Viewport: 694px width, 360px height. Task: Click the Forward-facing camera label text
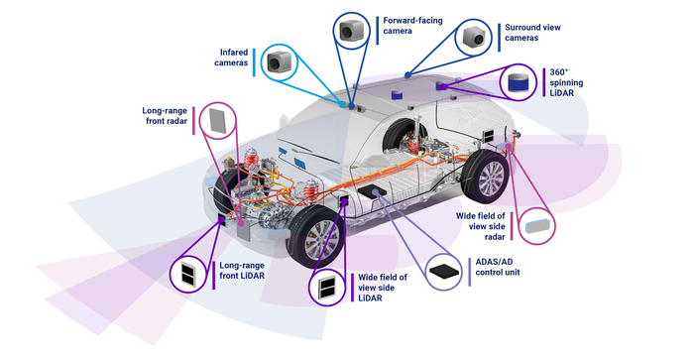412,26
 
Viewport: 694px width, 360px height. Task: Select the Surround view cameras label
532,33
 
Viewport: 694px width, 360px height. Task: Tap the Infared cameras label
231,58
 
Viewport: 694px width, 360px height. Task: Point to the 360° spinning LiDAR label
566,82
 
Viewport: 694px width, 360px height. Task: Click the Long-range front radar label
165,116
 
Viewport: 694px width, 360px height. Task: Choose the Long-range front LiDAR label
242,270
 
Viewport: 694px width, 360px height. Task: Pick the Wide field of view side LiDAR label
383,288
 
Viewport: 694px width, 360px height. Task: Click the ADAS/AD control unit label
498,267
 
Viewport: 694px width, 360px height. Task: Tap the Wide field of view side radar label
481,226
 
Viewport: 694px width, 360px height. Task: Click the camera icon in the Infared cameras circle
280,62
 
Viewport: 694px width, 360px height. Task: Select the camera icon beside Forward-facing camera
352,30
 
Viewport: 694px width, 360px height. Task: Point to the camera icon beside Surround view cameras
474,38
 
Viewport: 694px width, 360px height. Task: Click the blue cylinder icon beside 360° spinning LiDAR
518,82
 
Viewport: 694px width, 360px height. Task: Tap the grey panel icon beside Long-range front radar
218,120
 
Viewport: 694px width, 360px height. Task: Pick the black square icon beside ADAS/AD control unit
444,271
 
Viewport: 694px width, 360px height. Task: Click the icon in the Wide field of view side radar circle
536,226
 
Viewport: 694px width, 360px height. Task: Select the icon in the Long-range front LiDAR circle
189,273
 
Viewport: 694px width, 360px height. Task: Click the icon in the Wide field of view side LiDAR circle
327,289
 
